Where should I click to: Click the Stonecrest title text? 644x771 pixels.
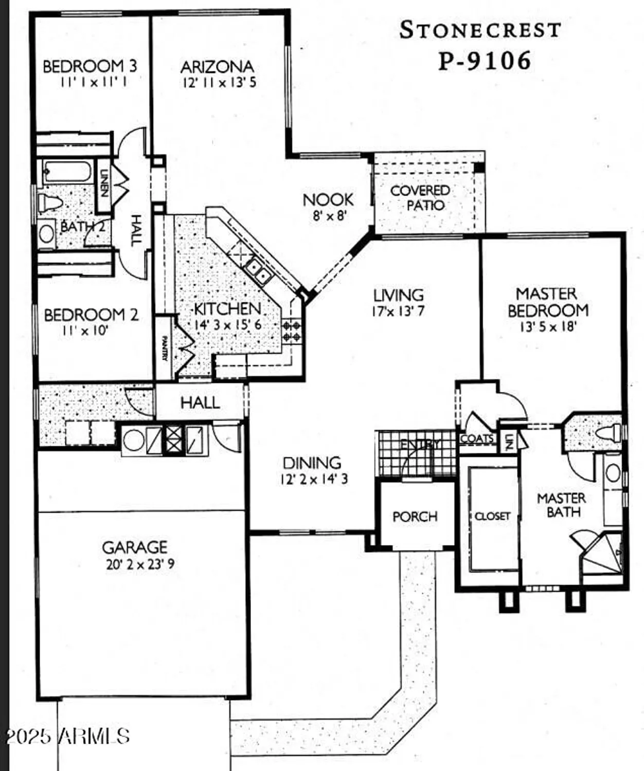(x=480, y=30)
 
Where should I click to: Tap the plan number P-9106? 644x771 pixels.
(x=484, y=61)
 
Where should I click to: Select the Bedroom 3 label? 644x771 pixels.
(x=90, y=66)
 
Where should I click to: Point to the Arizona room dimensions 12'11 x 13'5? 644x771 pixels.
(x=219, y=82)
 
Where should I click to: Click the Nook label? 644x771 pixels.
(x=328, y=199)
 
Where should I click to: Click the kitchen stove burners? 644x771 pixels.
(x=292, y=331)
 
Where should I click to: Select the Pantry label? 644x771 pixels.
(x=164, y=348)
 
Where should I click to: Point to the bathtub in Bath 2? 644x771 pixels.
(x=67, y=172)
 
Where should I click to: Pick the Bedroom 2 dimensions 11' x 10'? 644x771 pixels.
(x=85, y=330)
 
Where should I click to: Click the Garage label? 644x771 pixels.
(x=134, y=547)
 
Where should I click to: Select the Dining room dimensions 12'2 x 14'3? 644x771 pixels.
(x=314, y=479)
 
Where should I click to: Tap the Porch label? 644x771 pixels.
(x=415, y=516)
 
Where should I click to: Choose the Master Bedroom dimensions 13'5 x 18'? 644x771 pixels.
(x=547, y=326)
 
